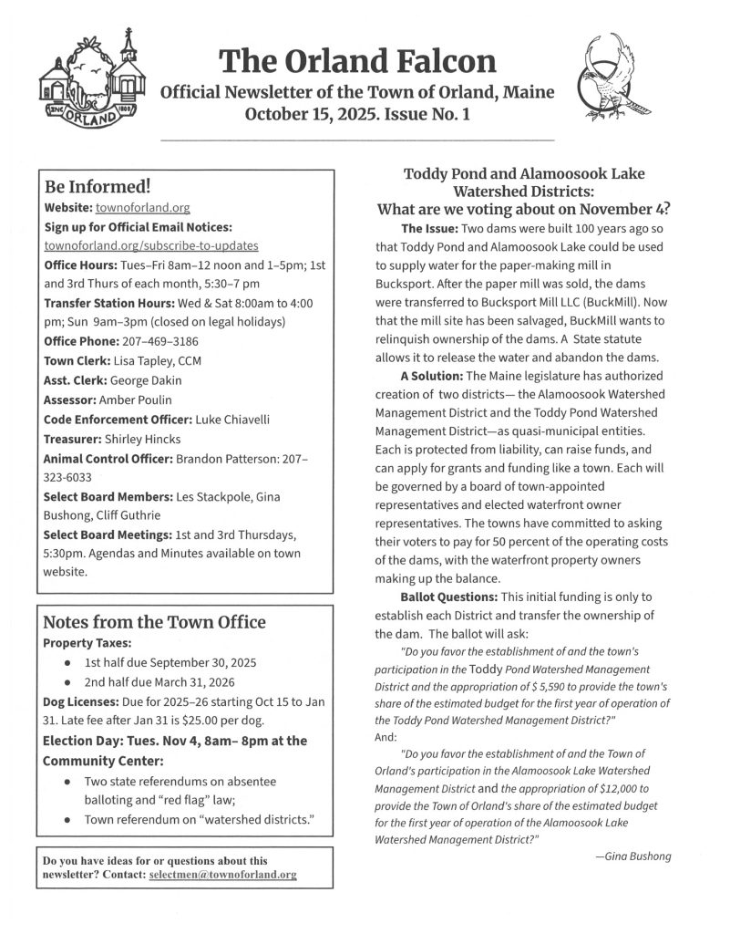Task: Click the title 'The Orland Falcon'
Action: click(x=358, y=61)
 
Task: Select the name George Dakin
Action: click(x=144, y=379)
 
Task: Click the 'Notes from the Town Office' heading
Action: click(x=155, y=623)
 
